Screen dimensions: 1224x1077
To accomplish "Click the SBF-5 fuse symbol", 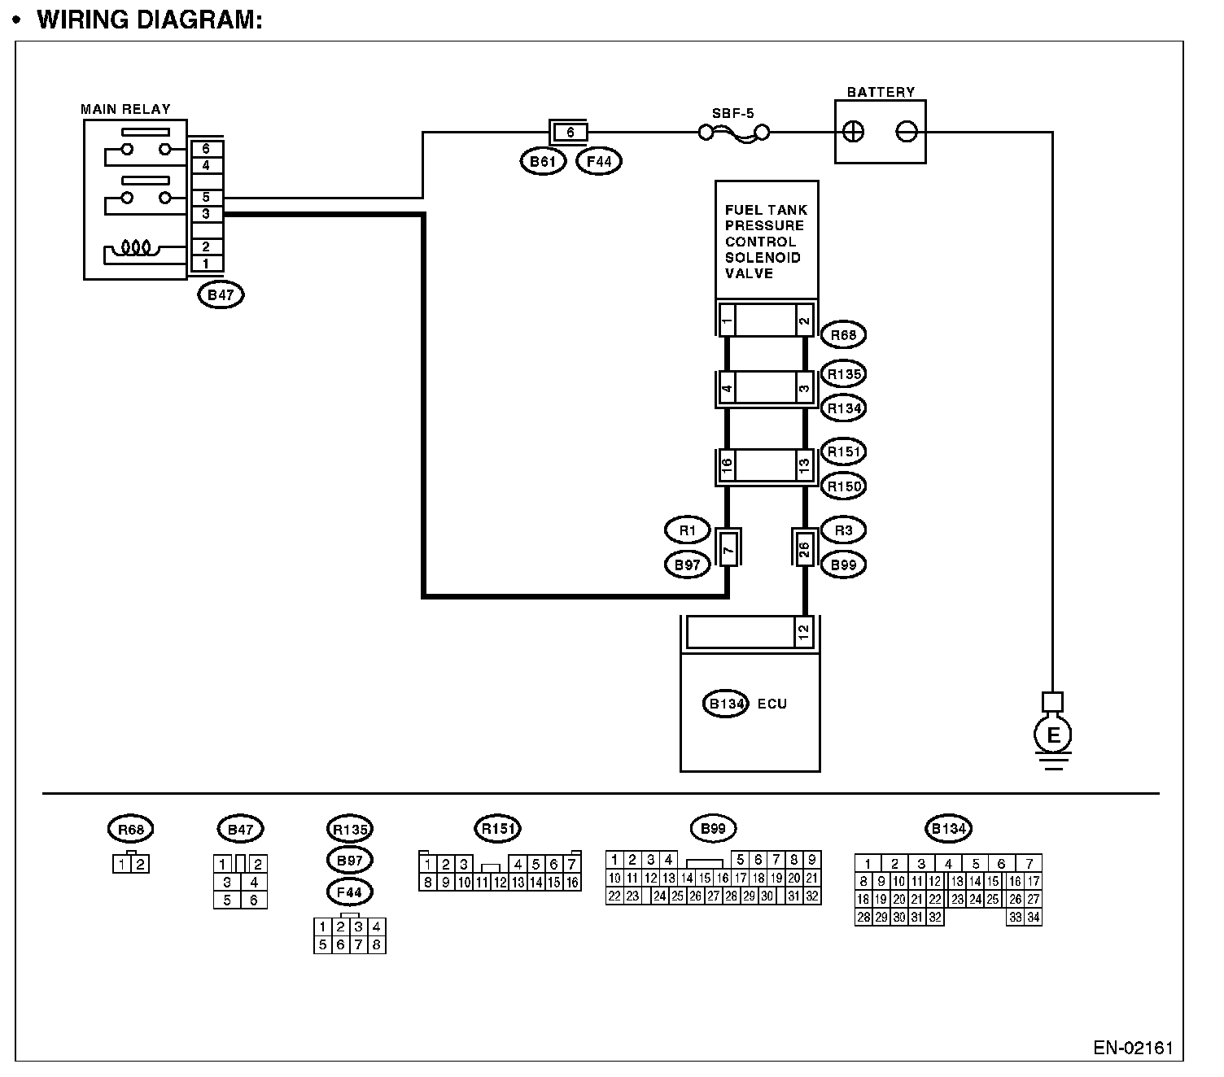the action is pyautogui.click(x=733, y=133).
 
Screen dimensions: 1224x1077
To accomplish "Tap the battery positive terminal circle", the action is pyautogui.click(x=852, y=132).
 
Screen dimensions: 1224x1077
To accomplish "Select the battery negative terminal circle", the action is pyautogui.click(x=907, y=132).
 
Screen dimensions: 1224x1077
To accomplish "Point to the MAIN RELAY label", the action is pyautogui.click(x=125, y=109).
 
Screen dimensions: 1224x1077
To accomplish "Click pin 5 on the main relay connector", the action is pyautogui.click(x=206, y=198).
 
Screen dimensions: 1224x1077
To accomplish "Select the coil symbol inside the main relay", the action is pyautogui.click(x=136, y=247).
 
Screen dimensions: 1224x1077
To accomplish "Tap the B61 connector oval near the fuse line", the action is pyautogui.click(x=543, y=161).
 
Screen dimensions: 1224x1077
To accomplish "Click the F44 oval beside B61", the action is pyautogui.click(x=599, y=161).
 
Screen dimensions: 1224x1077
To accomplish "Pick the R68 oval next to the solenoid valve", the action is pyautogui.click(x=843, y=334).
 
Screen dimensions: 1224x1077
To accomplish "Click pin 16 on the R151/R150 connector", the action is pyautogui.click(x=727, y=465).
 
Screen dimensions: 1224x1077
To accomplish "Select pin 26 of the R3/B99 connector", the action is pyautogui.click(x=804, y=549).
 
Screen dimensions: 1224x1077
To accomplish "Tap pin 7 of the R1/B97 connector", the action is pyautogui.click(x=728, y=549).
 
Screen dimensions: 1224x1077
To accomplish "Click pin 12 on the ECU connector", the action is pyautogui.click(x=803, y=632).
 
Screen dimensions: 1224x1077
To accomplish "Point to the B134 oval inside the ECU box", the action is pyautogui.click(x=726, y=704).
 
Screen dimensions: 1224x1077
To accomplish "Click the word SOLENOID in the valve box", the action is pyautogui.click(x=763, y=257).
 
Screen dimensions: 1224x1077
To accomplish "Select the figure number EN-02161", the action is pyautogui.click(x=1133, y=1048).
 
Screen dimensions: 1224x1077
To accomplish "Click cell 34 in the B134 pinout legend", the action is pyautogui.click(x=1034, y=918).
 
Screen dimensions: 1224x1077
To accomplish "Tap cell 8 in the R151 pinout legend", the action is pyautogui.click(x=428, y=883).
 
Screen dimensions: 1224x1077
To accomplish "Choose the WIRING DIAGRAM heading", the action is pyautogui.click(x=149, y=20).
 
